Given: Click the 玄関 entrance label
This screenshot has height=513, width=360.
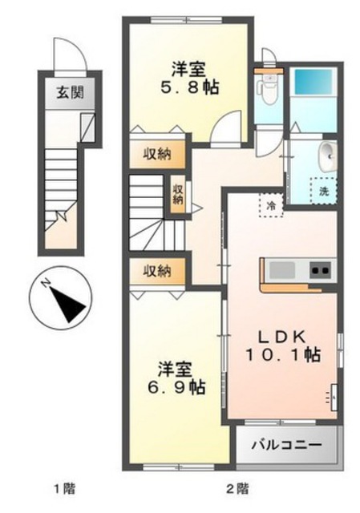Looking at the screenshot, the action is click(70, 93).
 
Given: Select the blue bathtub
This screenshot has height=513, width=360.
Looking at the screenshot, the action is click(312, 83).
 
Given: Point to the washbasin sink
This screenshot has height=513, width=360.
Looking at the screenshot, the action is click(328, 158).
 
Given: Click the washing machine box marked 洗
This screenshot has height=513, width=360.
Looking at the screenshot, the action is click(324, 191).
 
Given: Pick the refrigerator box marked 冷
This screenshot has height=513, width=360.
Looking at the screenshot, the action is click(271, 206).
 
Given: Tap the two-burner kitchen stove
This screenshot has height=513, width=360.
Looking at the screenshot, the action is click(321, 270).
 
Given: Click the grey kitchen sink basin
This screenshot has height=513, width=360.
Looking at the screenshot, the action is click(282, 270).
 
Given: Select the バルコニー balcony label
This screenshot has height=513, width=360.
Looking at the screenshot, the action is click(286, 446).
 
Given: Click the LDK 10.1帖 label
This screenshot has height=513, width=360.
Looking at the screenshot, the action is click(282, 346).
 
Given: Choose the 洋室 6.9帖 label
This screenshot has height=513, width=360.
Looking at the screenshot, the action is click(176, 379).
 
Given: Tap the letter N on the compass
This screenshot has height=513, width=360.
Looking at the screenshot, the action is click(46, 282).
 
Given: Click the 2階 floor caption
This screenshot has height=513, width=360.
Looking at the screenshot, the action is click(237, 489).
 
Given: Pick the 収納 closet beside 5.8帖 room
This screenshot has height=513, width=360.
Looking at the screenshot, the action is click(157, 154).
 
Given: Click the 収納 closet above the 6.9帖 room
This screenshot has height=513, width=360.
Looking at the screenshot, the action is click(157, 271).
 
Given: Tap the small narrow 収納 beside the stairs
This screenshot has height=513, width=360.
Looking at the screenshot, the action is click(177, 195).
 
